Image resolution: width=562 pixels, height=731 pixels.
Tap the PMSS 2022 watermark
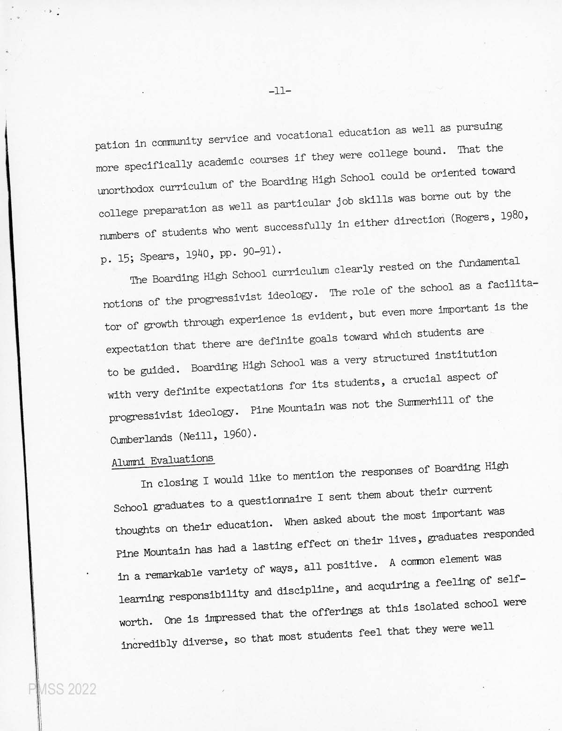[62, 689]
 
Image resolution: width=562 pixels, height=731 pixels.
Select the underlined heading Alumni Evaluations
[163, 460]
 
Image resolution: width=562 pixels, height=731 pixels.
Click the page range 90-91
[258, 252]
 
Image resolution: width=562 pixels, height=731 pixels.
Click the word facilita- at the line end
[513, 284]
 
